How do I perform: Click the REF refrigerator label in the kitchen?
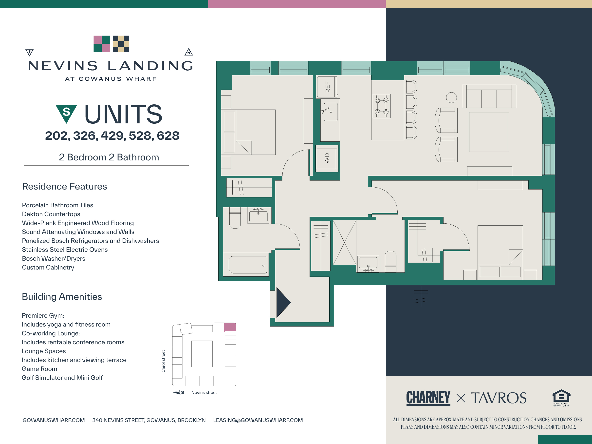[327, 87]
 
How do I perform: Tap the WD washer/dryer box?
[327, 158]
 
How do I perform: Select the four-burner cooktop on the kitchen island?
[381, 106]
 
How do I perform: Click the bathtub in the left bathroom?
[248, 265]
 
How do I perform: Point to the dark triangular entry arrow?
[283, 303]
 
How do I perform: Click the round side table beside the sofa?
[451, 97]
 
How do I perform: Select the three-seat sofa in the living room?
[489, 97]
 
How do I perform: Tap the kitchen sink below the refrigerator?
[331, 112]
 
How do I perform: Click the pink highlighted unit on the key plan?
[230, 327]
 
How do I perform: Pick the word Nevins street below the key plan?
[204, 392]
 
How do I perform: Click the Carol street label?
[163, 361]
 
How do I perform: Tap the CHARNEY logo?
[428, 398]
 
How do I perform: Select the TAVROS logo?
[499, 398]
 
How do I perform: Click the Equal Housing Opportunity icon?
[561, 398]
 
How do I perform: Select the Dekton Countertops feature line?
[51, 214]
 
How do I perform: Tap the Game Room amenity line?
[39, 369]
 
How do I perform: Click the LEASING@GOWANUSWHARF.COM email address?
[258, 420]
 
